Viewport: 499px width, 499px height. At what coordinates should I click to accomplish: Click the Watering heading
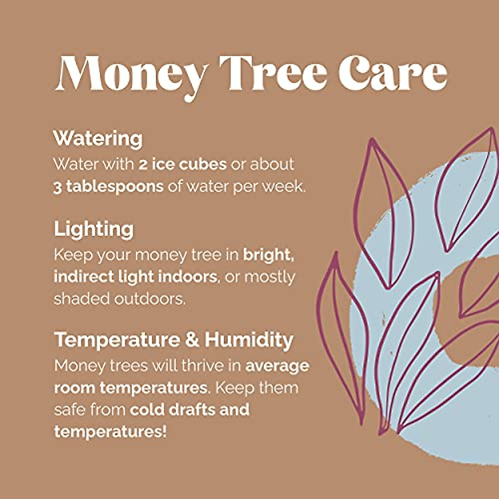pos(98,138)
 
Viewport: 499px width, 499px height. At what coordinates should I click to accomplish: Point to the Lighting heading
pos(94,230)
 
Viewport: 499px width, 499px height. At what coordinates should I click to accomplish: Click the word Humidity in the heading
pos(249,340)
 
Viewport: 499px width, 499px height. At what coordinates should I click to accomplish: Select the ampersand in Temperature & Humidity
pos(192,340)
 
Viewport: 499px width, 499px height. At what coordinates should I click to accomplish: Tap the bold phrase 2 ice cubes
pos(183,164)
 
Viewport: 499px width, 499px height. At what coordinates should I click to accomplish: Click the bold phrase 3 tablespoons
pos(109,187)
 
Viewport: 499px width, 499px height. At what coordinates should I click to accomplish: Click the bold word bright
pos(269,254)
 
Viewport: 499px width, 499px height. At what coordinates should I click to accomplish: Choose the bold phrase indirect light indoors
pos(136,277)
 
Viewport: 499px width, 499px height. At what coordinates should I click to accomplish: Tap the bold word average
pos(277,366)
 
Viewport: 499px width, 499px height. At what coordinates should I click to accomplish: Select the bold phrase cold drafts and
pos(190,410)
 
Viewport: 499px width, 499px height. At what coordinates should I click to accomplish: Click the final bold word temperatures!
pos(111,432)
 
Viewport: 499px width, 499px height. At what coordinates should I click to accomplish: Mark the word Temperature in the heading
pos(117,340)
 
